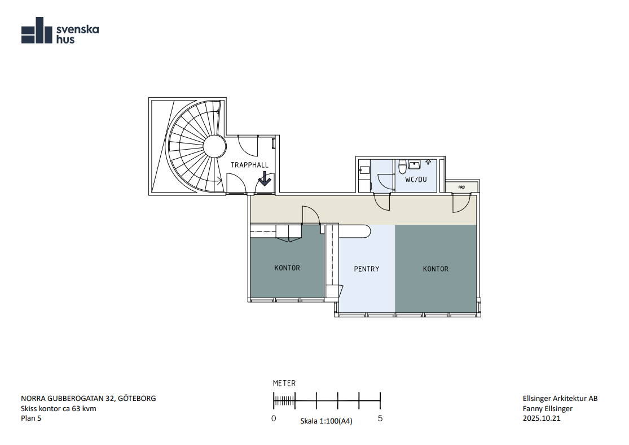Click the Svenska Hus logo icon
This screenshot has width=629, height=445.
pos(37,30)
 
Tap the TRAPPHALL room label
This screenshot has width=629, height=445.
pos(249,165)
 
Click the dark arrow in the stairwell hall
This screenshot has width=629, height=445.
pos(265,178)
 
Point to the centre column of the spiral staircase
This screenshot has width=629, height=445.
pos(214,146)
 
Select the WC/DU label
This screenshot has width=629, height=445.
pos(416,180)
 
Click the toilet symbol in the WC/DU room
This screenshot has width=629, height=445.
pos(402,167)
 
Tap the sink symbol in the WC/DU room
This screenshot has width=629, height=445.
pos(414,165)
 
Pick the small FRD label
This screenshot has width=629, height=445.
pos(461,187)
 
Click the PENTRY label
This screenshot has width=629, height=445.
pos(367,269)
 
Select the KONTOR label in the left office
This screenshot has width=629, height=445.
pos(287,268)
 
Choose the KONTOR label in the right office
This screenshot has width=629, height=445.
pos(436,269)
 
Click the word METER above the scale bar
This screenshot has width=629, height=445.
pos(284,383)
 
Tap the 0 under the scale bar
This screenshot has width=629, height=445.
pos(274,418)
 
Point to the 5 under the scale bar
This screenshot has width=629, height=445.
pos(380,418)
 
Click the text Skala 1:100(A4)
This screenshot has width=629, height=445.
pos(327,421)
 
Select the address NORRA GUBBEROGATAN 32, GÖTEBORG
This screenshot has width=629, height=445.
pos(89,399)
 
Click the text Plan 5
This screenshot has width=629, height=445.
pos(31,418)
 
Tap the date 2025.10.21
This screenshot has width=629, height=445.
pos(542,418)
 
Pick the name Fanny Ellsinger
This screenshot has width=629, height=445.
pos(548,408)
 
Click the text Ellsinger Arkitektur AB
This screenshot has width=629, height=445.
pos(560,399)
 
